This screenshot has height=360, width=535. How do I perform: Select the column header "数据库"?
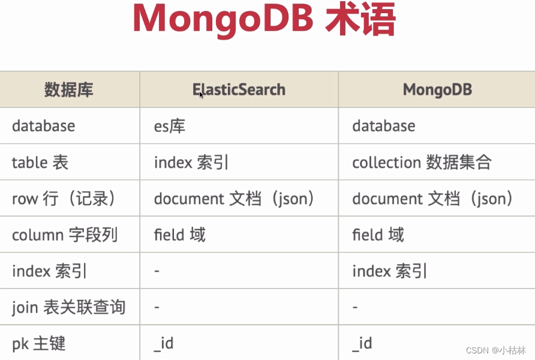69,90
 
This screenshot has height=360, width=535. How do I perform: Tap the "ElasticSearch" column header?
239,90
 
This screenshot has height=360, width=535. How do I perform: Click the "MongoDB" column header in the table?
437,90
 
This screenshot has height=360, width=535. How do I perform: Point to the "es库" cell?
170,126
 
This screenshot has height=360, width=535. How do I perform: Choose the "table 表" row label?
40,163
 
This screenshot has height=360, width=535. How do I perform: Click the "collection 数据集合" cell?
422,163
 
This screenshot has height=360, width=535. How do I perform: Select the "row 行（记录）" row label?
63,199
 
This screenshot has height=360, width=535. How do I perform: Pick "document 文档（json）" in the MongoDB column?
432,199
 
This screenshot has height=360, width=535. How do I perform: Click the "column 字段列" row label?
65,235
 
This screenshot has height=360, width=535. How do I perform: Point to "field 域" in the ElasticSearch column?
179,235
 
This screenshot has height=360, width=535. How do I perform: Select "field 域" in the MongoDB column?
378,235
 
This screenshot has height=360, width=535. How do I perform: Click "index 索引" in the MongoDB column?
389,271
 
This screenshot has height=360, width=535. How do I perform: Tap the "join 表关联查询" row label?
68,307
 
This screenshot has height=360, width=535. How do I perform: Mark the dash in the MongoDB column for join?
355,308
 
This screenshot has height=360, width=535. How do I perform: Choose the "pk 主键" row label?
38,344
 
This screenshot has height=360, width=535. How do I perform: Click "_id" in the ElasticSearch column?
164,344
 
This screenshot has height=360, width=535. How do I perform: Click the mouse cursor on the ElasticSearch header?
202,95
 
